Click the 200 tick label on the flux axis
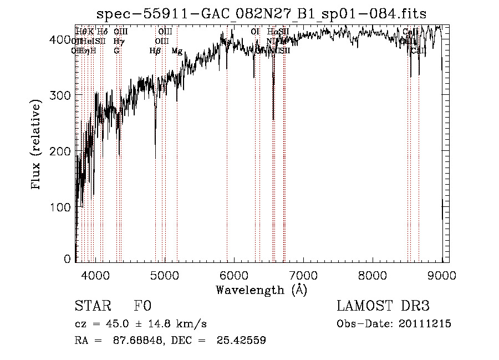point(63,151)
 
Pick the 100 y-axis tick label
point(63,207)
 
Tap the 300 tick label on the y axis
point(63,95)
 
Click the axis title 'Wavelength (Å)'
point(261,290)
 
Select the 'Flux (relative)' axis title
point(37,145)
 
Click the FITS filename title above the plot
point(261,13)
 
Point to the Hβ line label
point(155,51)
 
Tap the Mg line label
point(177,51)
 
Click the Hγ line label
point(118,41)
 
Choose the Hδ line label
point(102,32)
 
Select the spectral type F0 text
point(142,306)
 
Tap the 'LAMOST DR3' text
point(383,306)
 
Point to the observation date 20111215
point(424,324)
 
